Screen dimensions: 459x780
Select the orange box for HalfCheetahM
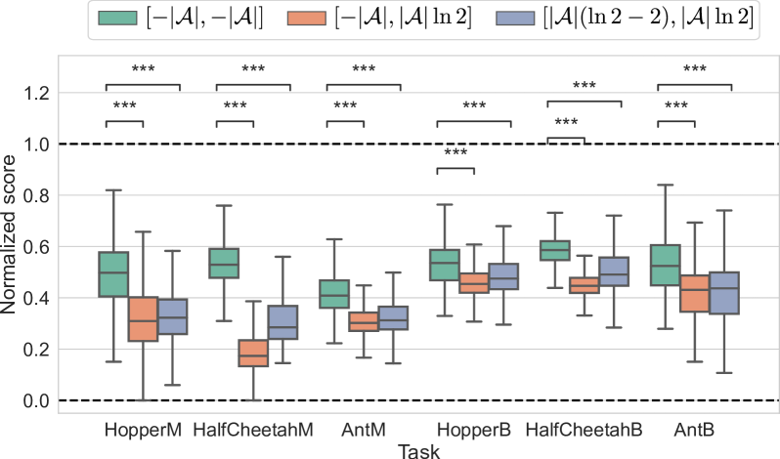coord(253,353)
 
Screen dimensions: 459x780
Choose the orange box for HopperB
coord(474,283)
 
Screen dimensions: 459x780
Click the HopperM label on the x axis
coord(143,430)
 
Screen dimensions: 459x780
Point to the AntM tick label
coord(363,430)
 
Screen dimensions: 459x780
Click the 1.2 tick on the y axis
coord(35,93)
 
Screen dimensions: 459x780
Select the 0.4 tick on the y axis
coord(35,298)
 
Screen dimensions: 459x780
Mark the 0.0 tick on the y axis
coord(35,400)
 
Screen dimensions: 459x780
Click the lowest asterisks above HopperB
coord(455,153)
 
